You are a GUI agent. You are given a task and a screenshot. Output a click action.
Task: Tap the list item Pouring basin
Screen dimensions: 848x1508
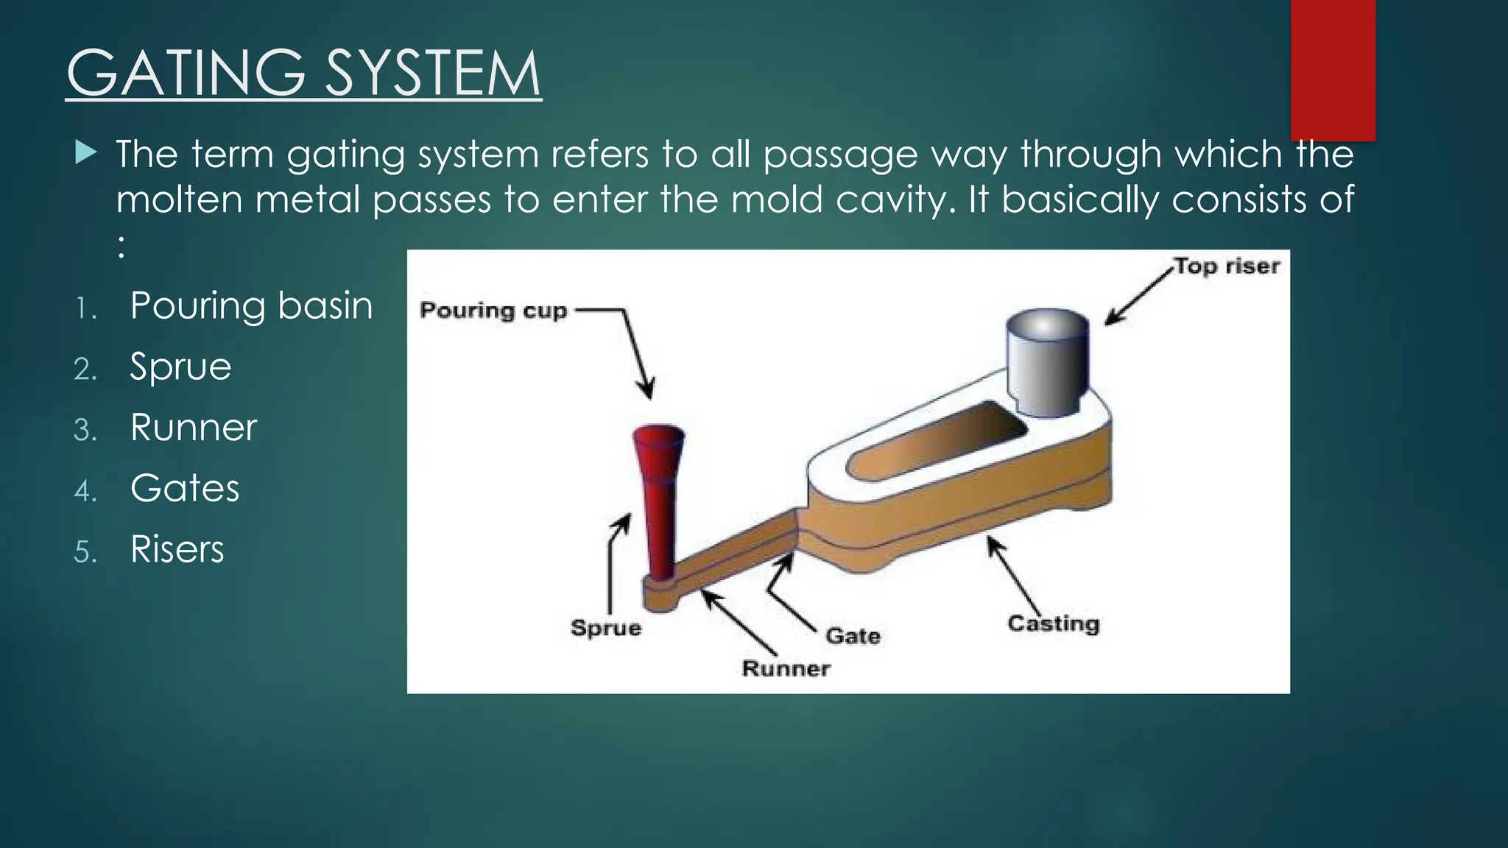[250, 305]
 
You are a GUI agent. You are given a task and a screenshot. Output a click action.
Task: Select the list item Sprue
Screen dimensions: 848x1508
[180, 367]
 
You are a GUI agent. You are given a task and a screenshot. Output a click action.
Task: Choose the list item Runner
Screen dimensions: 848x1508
[193, 428]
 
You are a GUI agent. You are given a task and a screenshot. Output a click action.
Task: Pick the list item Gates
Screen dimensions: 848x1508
[184, 488]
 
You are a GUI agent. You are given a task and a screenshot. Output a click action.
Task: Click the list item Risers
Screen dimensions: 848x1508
[177, 549]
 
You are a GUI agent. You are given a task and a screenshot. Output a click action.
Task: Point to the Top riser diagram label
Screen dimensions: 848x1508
[1226, 266]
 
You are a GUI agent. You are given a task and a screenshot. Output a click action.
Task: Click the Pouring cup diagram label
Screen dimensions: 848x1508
[493, 310]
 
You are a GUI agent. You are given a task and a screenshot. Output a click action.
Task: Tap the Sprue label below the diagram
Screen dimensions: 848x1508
[606, 628]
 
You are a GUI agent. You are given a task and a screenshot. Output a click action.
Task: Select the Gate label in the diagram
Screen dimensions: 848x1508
[852, 635]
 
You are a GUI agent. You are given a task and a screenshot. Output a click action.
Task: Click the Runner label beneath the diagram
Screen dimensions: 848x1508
[786, 668]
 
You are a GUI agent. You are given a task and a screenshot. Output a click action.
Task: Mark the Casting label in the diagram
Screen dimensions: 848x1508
[1053, 623]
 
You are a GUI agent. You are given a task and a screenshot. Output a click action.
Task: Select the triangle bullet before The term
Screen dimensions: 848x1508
[85, 153]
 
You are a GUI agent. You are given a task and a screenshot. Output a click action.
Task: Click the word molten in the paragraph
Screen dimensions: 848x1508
[179, 200]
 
